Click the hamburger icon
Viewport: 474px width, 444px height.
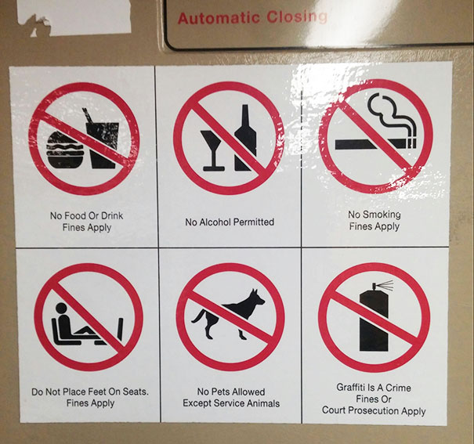coord(65,150)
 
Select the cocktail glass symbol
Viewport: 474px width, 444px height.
coord(213,150)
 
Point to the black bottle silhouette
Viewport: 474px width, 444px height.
coord(245,138)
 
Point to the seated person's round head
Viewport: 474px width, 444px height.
coord(61,308)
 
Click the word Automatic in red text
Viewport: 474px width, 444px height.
coord(219,18)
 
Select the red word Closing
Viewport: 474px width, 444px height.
coord(297,17)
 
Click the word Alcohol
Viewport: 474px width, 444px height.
coord(215,222)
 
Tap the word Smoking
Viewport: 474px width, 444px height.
coord(382,215)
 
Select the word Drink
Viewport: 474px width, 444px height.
coord(112,215)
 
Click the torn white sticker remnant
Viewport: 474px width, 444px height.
coord(75,16)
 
